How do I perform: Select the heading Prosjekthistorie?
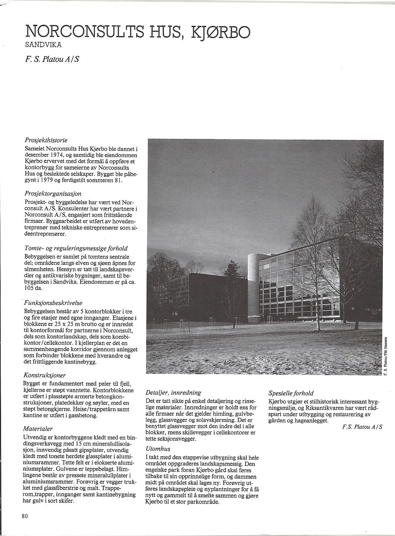pyautogui.click(x=46, y=140)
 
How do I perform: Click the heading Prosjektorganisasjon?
pyautogui.click(x=53, y=193)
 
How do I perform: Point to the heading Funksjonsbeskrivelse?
pyautogui.click(x=53, y=303)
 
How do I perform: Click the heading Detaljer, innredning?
pyautogui.click(x=173, y=392)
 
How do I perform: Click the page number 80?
pyautogui.click(x=24, y=516)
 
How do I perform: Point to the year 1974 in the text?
pyautogui.click(x=56, y=155)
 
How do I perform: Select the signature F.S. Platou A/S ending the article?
pyautogui.click(x=362, y=427)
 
